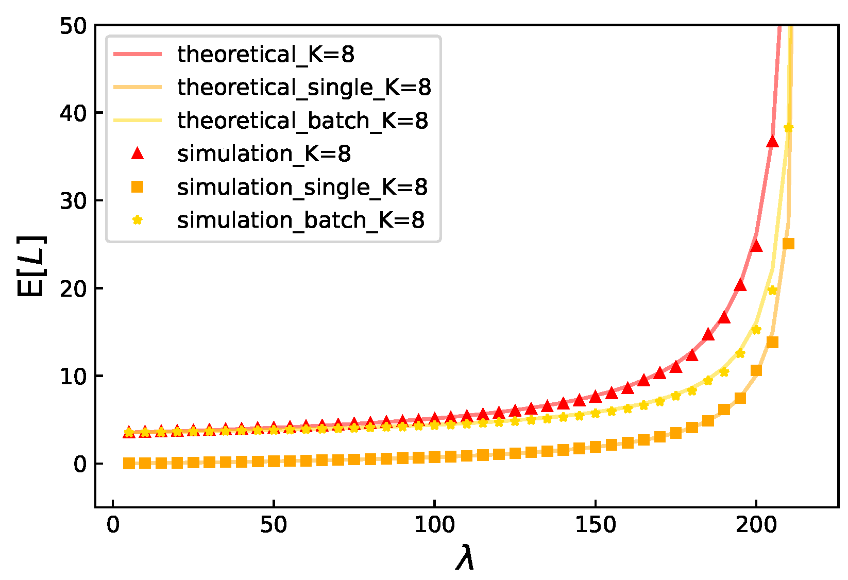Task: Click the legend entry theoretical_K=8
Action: [x=265, y=54]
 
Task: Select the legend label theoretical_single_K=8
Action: [x=304, y=87]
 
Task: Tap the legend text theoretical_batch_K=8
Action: [x=302, y=121]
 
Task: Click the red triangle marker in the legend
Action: [x=137, y=153]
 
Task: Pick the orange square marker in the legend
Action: [x=137, y=186]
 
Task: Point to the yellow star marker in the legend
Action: [x=137, y=220]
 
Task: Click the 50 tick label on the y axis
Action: [x=73, y=26]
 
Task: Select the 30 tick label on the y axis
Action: [x=73, y=201]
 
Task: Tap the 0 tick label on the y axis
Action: [x=80, y=464]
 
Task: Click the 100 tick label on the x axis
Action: [x=434, y=525]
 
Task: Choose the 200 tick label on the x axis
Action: [x=756, y=525]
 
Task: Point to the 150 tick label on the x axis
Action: [x=595, y=525]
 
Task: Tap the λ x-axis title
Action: [x=465, y=558]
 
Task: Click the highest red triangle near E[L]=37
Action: [x=772, y=142]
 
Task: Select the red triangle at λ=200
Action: [x=756, y=246]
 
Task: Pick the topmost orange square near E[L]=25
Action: [x=788, y=244]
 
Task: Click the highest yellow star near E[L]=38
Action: [x=788, y=128]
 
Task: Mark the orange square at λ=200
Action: [x=756, y=370]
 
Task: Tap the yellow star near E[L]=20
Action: [x=772, y=290]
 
